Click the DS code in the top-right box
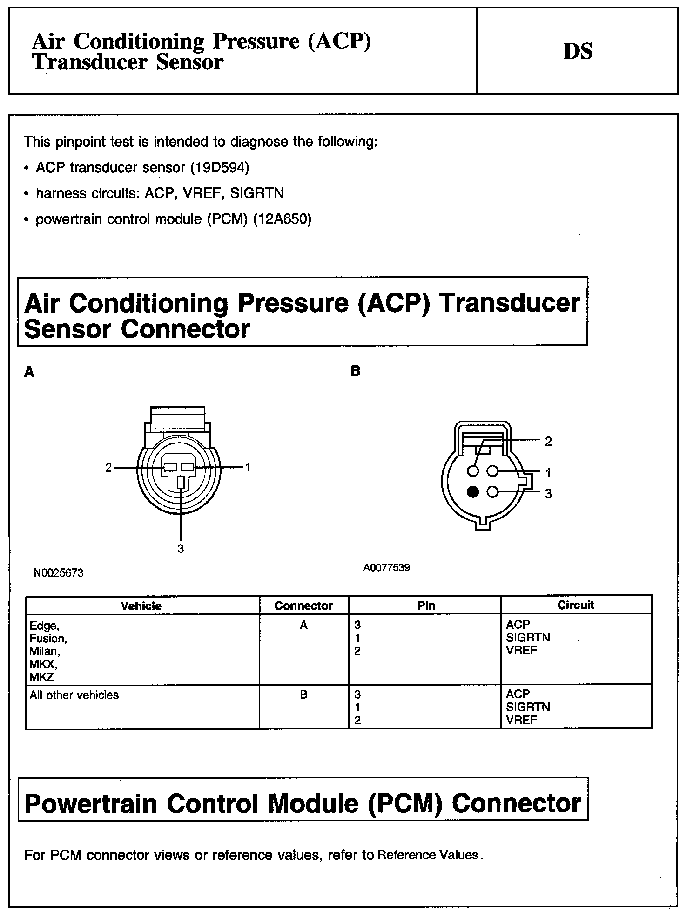coord(578,51)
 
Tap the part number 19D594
coord(220,167)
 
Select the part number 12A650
coord(282,219)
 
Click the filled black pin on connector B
coord(473,492)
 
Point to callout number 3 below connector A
coord(181,549)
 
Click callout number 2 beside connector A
coord(108,468)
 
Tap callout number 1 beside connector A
coord(248,467)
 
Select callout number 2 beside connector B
coord(548,442)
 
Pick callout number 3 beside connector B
coord(548,494)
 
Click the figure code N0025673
coord(59,573)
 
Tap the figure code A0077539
coord(387,567)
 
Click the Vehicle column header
coord(141,606)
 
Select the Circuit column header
coord(576,605)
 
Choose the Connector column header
coord(303,606)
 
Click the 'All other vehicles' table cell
coord(74,695)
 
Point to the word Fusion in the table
coord(48,638)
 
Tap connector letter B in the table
coord(303,695)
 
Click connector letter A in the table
coord(303,626)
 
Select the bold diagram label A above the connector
coord(29,372)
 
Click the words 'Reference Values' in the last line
coord(428,855)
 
